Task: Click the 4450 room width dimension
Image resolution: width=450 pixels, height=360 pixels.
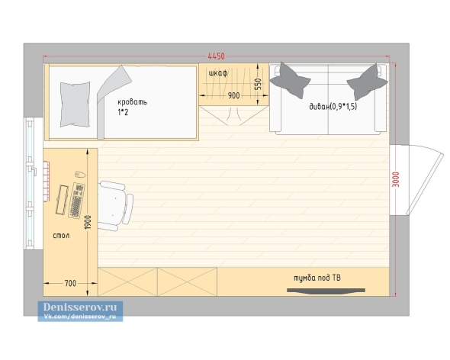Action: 216,56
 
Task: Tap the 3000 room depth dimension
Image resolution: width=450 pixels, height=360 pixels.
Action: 396,179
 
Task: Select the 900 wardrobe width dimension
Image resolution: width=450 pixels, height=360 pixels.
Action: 233,95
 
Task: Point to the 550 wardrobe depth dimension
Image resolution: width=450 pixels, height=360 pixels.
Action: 258,84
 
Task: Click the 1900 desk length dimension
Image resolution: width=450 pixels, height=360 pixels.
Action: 88,222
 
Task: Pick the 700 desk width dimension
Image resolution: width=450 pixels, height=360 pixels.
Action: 70,284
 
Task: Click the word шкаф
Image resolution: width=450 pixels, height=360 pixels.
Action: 218,73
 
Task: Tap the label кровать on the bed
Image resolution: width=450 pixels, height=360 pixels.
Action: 132,102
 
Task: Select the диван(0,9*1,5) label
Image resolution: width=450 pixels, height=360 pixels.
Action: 333,107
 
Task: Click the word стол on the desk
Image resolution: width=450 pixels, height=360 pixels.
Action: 61,236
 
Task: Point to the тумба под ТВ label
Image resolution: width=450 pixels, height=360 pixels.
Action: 317,278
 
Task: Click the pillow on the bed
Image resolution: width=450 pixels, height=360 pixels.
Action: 75,104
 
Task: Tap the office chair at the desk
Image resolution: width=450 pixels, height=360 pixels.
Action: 116,206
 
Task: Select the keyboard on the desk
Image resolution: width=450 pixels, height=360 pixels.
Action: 76,201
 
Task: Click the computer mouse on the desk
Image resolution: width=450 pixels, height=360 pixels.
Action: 80,174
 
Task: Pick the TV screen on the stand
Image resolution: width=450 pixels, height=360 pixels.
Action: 326,291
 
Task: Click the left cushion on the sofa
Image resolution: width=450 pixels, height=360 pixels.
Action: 290,80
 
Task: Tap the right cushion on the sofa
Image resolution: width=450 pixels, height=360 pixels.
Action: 368,82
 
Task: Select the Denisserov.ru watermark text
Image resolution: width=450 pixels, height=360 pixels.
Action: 80,307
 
